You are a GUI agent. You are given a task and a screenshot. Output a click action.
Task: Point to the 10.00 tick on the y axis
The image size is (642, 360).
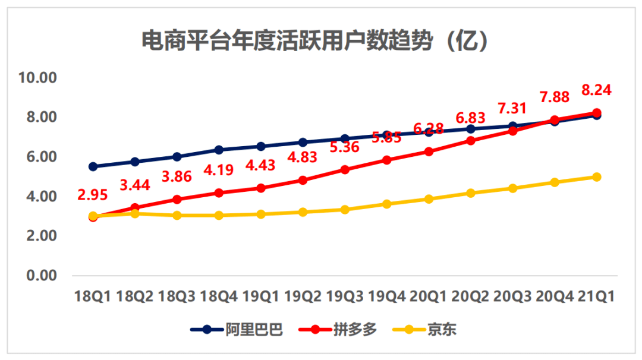point(37,78)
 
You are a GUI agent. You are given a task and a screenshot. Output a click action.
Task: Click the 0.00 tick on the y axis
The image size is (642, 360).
point(40,276)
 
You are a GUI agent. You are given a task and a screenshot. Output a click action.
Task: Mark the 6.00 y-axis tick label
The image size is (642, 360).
point(40,157)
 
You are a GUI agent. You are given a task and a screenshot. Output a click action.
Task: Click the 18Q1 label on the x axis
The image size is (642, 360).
point(92,295)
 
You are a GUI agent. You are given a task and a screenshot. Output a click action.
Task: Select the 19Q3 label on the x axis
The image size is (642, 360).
point(345,295)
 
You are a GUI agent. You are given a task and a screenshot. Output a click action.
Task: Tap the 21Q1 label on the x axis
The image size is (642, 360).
point(596,295)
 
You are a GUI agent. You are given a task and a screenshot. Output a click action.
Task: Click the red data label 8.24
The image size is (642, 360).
point(596,90)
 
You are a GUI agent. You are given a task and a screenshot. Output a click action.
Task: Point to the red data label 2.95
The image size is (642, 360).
point(93,195)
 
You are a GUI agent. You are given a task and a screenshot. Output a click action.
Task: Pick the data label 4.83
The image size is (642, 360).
point(303,157)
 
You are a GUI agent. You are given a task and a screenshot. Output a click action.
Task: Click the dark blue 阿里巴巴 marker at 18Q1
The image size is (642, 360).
point(93,167)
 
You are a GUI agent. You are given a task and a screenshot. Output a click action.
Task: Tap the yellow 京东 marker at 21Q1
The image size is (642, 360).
point(596,177)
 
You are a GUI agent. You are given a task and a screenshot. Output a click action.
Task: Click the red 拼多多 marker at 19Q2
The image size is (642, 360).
point(303,180)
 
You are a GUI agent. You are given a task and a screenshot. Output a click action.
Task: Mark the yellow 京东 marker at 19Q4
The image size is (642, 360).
point(387,204)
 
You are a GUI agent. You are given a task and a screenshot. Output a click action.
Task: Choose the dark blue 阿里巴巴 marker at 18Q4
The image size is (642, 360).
point(219,150)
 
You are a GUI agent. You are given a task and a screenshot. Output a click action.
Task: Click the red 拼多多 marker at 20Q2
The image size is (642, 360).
point(471,141)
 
